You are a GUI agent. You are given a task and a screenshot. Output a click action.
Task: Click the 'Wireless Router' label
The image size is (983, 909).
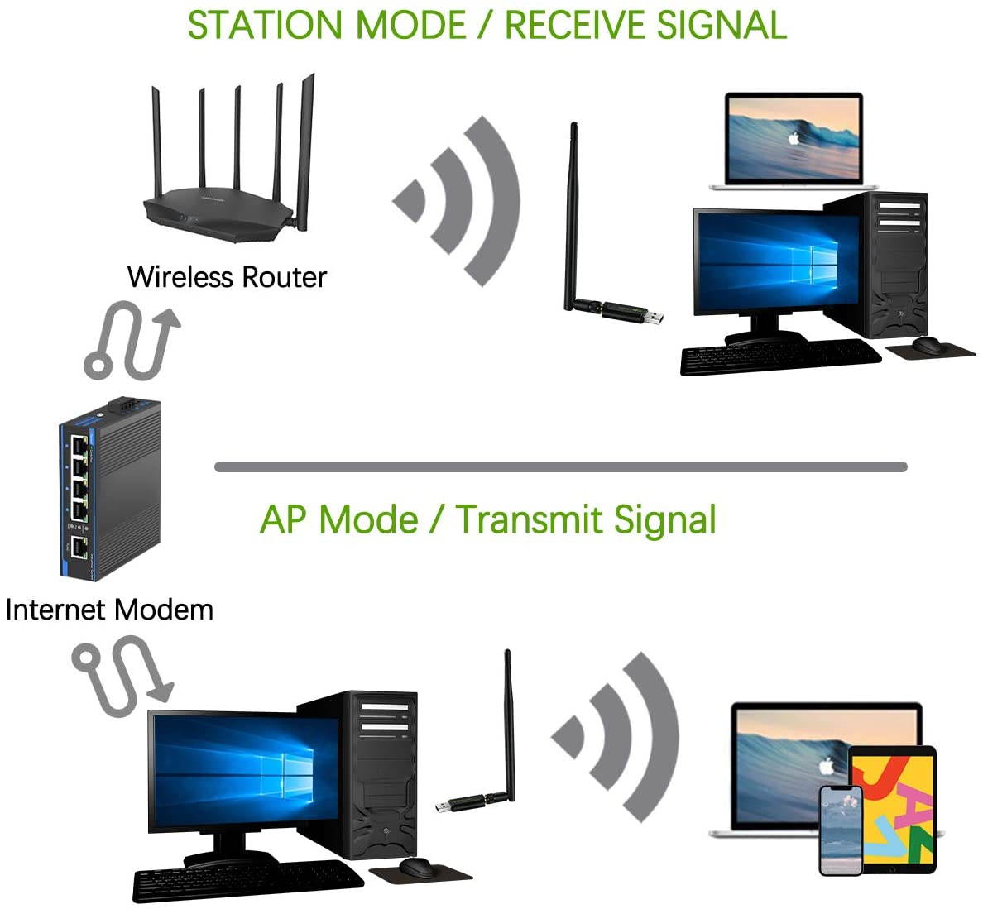point(227,277)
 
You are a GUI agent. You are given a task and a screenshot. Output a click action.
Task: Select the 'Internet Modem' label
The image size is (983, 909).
point(110,610)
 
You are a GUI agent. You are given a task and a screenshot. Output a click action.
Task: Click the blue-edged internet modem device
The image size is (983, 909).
point(110,488)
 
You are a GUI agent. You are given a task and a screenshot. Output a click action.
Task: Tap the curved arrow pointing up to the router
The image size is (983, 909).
point(132,340)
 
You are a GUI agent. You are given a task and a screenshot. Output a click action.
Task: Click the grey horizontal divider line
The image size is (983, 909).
point(561,466)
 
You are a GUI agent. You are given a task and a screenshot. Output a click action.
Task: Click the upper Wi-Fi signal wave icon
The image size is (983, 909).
point(457,201)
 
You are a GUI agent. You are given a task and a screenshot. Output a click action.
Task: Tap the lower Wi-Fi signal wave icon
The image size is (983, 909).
point(616,737)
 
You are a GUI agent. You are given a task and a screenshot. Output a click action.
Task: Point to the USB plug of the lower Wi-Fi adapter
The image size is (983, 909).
point(446,807)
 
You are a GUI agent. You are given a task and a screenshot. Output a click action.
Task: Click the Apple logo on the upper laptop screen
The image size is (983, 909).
point(794,138)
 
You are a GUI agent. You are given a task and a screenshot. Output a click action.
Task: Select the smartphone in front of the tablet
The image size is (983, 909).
point(842,830)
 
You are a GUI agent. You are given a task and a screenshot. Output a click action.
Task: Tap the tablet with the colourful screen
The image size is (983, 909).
point(894,810)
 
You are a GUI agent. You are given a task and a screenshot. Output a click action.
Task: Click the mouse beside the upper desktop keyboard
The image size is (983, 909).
point(927,344)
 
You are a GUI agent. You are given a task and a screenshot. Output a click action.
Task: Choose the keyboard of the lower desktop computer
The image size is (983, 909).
point(247,881)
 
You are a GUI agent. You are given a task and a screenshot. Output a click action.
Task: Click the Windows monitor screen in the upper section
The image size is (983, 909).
point(776,262)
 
